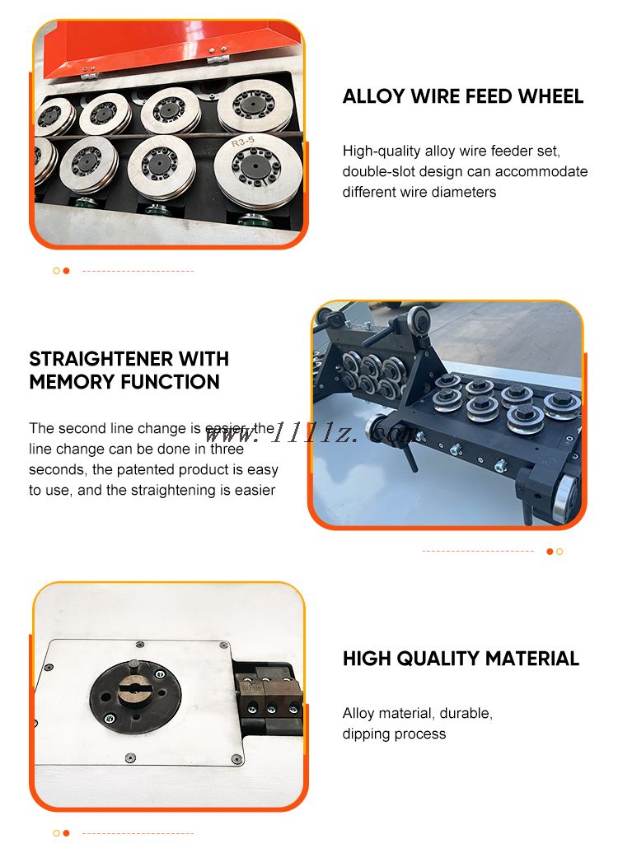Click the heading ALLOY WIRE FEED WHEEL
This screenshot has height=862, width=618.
[463, 97]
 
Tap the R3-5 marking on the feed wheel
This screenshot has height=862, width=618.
[243, 142]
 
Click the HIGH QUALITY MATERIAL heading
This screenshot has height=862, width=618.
[461, 659]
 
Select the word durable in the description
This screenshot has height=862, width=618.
[466, 714]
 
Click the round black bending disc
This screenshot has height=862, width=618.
[135, 696]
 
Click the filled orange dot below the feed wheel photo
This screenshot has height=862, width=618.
[66, 271]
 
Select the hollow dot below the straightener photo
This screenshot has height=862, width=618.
[559, 552]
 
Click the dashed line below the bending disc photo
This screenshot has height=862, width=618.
[138, 833]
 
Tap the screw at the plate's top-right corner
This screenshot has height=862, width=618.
[223, 645]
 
